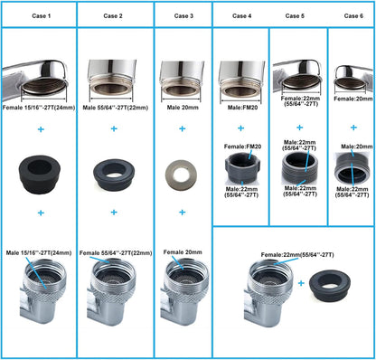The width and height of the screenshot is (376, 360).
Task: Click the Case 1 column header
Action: pyautogui.click(x=42, y=16)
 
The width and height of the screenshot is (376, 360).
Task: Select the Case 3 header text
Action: pyautogui.click(x=183, y=16)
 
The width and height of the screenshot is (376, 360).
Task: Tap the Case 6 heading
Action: pyautogui.click(x=353, y=16)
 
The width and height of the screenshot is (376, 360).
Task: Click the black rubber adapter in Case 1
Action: pyautogui.click(x=40, y=175)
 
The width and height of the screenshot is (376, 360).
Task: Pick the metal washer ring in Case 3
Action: pyautogui.click(x=181, y=175)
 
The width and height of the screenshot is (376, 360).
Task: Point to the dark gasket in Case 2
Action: pyautogui.click(x=114, y=174)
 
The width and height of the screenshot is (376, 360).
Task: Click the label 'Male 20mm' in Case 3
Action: pyautogui.click(x=183, y=108)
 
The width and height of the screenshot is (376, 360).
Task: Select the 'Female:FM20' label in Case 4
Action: pyautogui.click(x=242, y=147)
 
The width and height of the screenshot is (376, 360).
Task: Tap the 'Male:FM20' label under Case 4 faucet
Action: pyautogui.click(x=242, y=108)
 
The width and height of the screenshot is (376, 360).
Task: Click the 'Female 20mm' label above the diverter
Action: pyautogui.click(x=183, y=252)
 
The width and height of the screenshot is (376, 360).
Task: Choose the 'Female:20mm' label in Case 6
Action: pyautogui.click(x=353, y=99)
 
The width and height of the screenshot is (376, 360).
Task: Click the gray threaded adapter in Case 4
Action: pyautogui.click(x=242, y=167)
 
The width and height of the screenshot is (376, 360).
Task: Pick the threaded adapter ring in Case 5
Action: pyautogui.click(x=300, y=167)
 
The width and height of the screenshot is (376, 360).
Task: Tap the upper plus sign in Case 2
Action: pyautogui.click(x=114, y=128)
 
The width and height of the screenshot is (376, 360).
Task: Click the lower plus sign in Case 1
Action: pyautogui.click(x=41, y=213)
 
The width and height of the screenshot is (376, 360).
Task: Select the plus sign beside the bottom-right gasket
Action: pyautogui.click(x=301, y=283)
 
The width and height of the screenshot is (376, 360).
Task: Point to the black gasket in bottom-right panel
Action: pyautogui.click(x=330, y=286)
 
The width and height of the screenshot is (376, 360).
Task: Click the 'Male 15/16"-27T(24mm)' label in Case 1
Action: pyautogui.click(x=39, y=252)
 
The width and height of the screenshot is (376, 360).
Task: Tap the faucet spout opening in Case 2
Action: pyautogui.click(x=111, y=90)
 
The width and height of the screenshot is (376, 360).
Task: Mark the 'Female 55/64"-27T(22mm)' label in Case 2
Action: pyautogui.click(x=116, y=253)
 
